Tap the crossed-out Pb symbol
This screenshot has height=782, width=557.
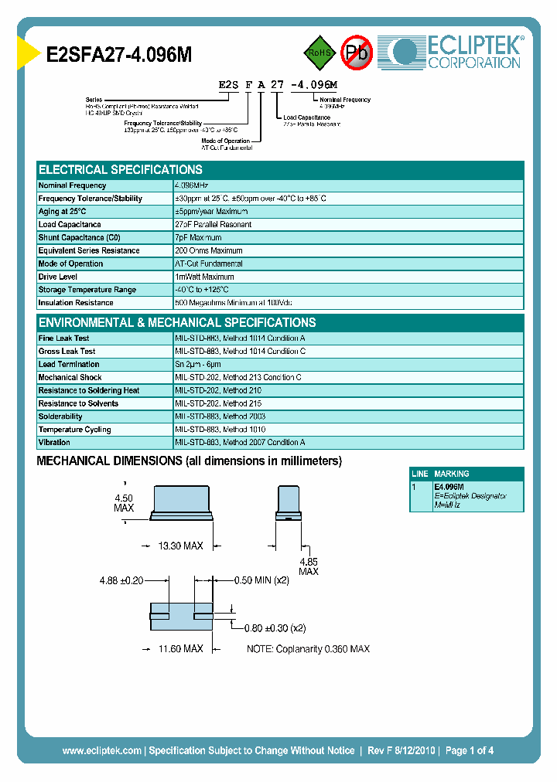coord(357,53)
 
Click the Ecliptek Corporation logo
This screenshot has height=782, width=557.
coord(456,53)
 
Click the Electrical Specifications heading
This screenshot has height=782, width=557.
coord(121,170)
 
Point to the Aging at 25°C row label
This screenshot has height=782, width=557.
coord(63,212)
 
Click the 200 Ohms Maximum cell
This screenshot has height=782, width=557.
coord(208,251)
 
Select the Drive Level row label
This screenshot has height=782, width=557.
coord(59,277)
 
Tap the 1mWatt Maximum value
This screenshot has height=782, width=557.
coord(204,277)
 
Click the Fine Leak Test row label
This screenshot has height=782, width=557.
coord(63,338)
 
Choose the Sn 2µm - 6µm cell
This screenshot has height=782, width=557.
coord(198,365)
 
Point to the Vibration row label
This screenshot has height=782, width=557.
coord(54,443)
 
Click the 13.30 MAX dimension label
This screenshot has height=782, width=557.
coord(180,546)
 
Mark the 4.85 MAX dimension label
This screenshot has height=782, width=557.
coord(308,566)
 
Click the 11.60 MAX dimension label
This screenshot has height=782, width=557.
coord(180,649)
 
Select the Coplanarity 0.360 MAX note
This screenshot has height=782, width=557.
coord(308,649)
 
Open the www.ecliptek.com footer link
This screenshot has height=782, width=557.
coord(101,750)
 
